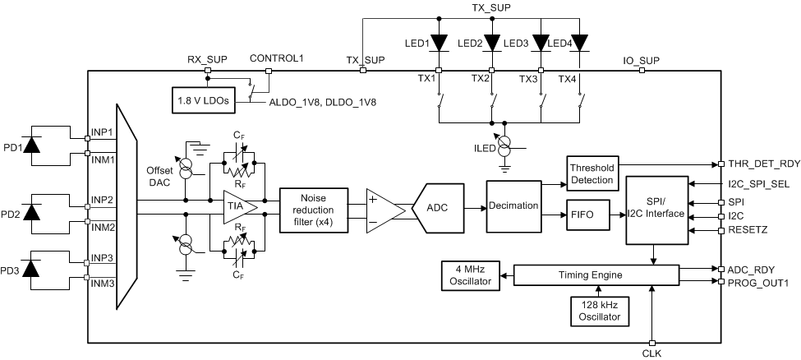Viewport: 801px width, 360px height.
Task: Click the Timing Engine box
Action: coord(596,275)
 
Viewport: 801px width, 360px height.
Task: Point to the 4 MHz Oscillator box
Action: coord(467,275)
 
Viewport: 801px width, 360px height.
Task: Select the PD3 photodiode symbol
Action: coord(32,269)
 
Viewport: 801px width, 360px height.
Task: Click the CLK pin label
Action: coord(651,353)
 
